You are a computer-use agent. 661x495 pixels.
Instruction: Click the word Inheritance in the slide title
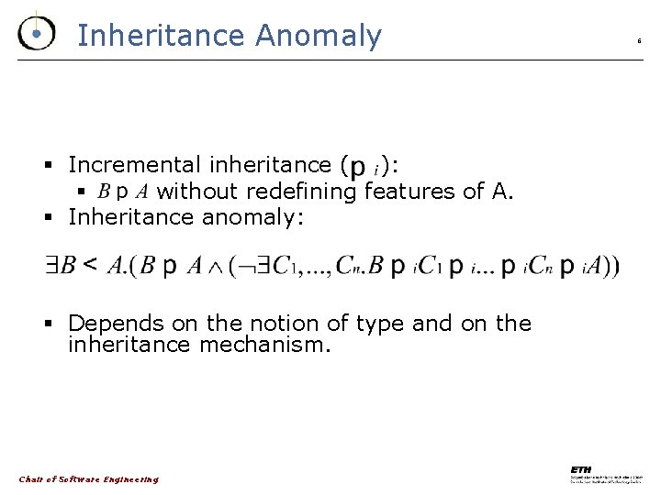[x=161, y=36]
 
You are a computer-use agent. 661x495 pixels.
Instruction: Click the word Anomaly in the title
[x=319, y=36]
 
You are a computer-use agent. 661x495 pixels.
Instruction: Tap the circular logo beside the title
[x=36, y=34]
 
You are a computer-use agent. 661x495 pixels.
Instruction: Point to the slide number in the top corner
[x=639, y=41]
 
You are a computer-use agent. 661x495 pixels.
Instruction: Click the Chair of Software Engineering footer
[x=88, y=479]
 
